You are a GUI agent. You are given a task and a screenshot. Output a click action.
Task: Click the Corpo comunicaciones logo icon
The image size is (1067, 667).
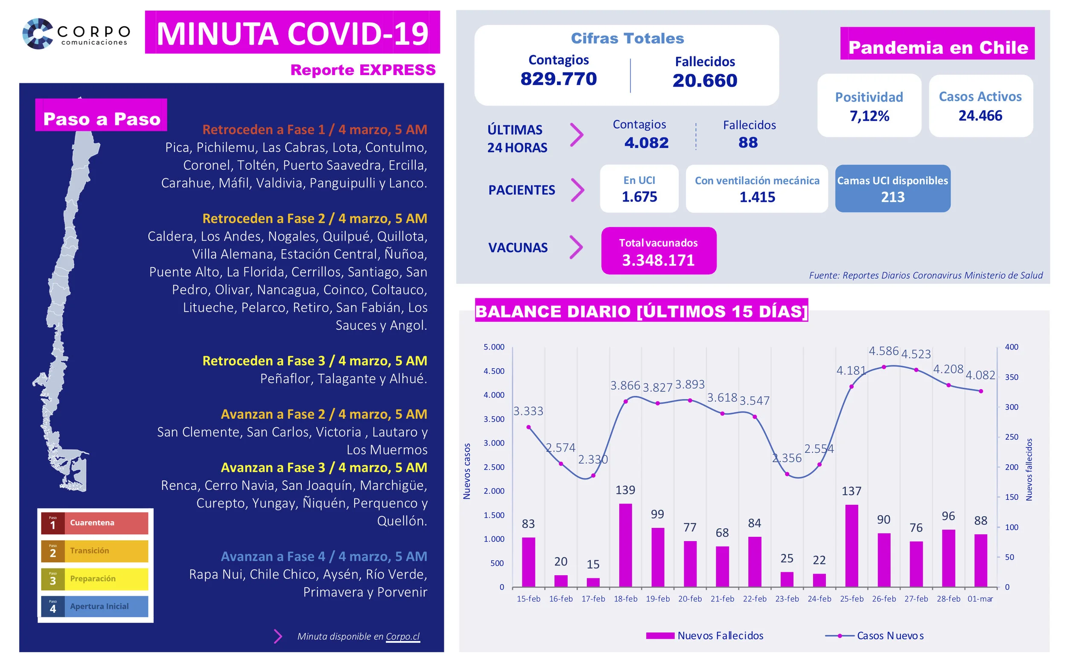pos(38,34)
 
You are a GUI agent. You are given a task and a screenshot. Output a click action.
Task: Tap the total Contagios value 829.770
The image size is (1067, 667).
pos(558,79)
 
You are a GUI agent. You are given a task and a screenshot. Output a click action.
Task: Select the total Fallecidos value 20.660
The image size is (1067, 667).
pos(704,81)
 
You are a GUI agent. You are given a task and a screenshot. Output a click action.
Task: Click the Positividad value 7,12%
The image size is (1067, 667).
pos(869,116)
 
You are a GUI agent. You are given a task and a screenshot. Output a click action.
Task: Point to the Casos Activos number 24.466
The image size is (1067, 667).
pos(980,116)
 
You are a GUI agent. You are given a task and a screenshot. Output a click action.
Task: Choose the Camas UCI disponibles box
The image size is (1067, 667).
pos(892,188)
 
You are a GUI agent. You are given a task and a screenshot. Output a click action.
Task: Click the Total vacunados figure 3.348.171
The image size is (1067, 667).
pos(658,260)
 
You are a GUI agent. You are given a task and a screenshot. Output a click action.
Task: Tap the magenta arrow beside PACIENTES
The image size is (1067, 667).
pos(577,190)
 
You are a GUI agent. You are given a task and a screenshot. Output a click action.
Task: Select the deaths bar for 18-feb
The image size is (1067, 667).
pos(625,545)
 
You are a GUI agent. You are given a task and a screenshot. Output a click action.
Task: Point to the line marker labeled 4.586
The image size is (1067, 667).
pos(883,367)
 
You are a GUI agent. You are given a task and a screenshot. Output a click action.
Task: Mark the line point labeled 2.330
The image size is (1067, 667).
pos(593,475)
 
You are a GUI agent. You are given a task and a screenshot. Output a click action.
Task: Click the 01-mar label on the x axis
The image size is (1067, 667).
pos(980,599)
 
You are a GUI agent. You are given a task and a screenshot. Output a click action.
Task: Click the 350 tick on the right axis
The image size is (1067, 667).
pos(1011,377)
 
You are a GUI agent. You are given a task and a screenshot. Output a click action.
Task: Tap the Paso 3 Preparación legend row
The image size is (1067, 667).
pos(94,579)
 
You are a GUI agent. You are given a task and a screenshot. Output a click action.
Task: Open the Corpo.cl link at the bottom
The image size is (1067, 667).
pos(402,636)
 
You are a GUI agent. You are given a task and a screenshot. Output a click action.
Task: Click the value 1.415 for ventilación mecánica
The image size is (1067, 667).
pos(756,197)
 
